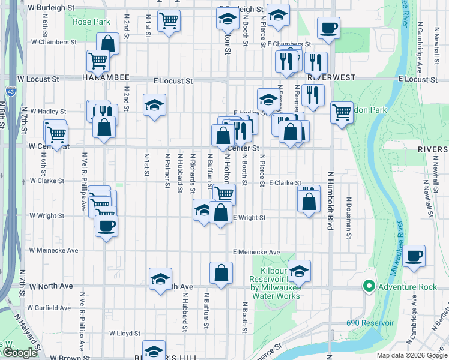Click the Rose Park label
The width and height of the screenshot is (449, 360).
(91, 22)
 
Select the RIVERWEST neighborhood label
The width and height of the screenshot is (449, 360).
(331, 78)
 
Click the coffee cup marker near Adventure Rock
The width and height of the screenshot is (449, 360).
(414, 257)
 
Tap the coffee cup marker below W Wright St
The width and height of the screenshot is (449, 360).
(106, 226)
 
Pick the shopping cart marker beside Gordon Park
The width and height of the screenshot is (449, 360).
(342, 111)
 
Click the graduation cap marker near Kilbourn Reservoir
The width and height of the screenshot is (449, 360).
(299, 271)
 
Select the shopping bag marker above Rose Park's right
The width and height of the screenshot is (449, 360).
(108, 44)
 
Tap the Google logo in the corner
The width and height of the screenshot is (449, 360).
(20, 353)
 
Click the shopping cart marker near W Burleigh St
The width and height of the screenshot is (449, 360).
(169, 21)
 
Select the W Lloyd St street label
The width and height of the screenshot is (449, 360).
(124, 333)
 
